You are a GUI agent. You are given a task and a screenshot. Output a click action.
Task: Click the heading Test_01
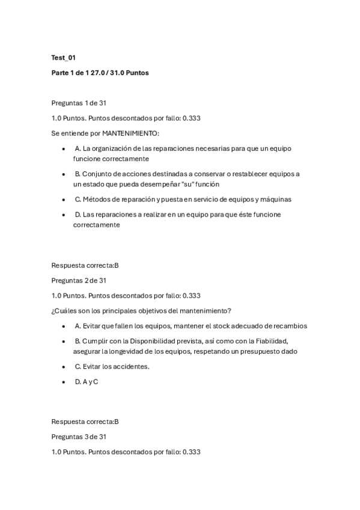click(64, 58)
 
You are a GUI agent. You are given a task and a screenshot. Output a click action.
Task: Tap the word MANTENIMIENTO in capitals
click(130, 133)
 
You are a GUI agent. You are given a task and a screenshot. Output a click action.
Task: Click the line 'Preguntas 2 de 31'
click(79, 280)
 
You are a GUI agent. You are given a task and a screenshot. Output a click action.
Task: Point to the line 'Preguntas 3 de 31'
click(79, 437)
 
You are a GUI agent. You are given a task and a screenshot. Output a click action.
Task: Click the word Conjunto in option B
click(97, 174)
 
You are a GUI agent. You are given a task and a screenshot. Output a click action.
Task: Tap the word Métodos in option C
click(96, 199)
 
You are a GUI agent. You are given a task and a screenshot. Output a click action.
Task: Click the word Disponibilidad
click(150, 341)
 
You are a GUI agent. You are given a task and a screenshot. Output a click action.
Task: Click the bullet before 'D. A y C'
click(64, 381)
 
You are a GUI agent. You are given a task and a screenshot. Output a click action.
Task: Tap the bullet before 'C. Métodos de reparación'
click(64, 199)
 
